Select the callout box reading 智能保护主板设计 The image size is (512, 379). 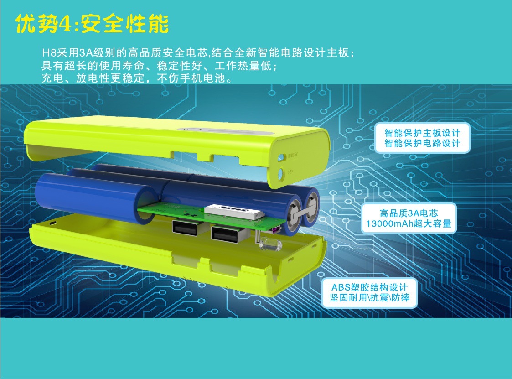pyautogui.click(x=422, y=138)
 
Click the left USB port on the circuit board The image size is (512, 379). pyautogui.click(x=185, y=228)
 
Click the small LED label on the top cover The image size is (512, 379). pyautogui.click(x=290, y=172)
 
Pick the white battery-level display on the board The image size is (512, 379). pyautogui.click(x=234, y=211)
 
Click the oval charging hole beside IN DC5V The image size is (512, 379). pyautogui.click(x=281, y=157)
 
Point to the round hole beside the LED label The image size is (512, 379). pyautogui.click(x=281, y=173)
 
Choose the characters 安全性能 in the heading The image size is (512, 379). pyautogui.click(x=124, y=24)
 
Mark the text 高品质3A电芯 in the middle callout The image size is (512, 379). pyautogui.click(x=409, y=213)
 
